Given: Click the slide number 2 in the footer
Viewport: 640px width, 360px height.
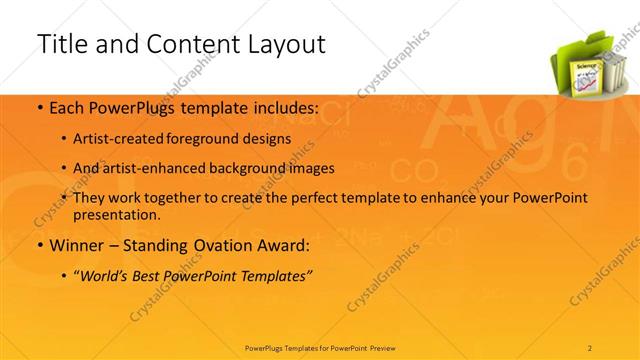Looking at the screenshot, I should point(591,347).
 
